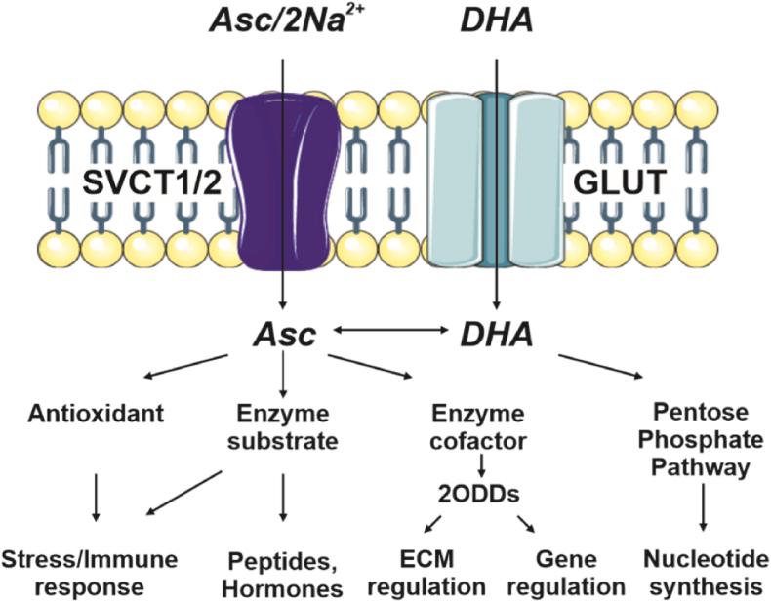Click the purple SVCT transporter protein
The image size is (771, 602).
[x=283, y=185]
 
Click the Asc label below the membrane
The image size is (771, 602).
[x=282, y=335]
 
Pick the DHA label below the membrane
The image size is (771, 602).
[x=497, y=335]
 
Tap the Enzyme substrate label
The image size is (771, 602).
[x=282, y=427]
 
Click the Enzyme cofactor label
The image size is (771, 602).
[x=481, y=427]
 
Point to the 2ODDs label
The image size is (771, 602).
[x=481, y=496]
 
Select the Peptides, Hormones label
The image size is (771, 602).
[x=285, y=575]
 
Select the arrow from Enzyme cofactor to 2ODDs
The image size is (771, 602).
[x=481, y=464]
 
